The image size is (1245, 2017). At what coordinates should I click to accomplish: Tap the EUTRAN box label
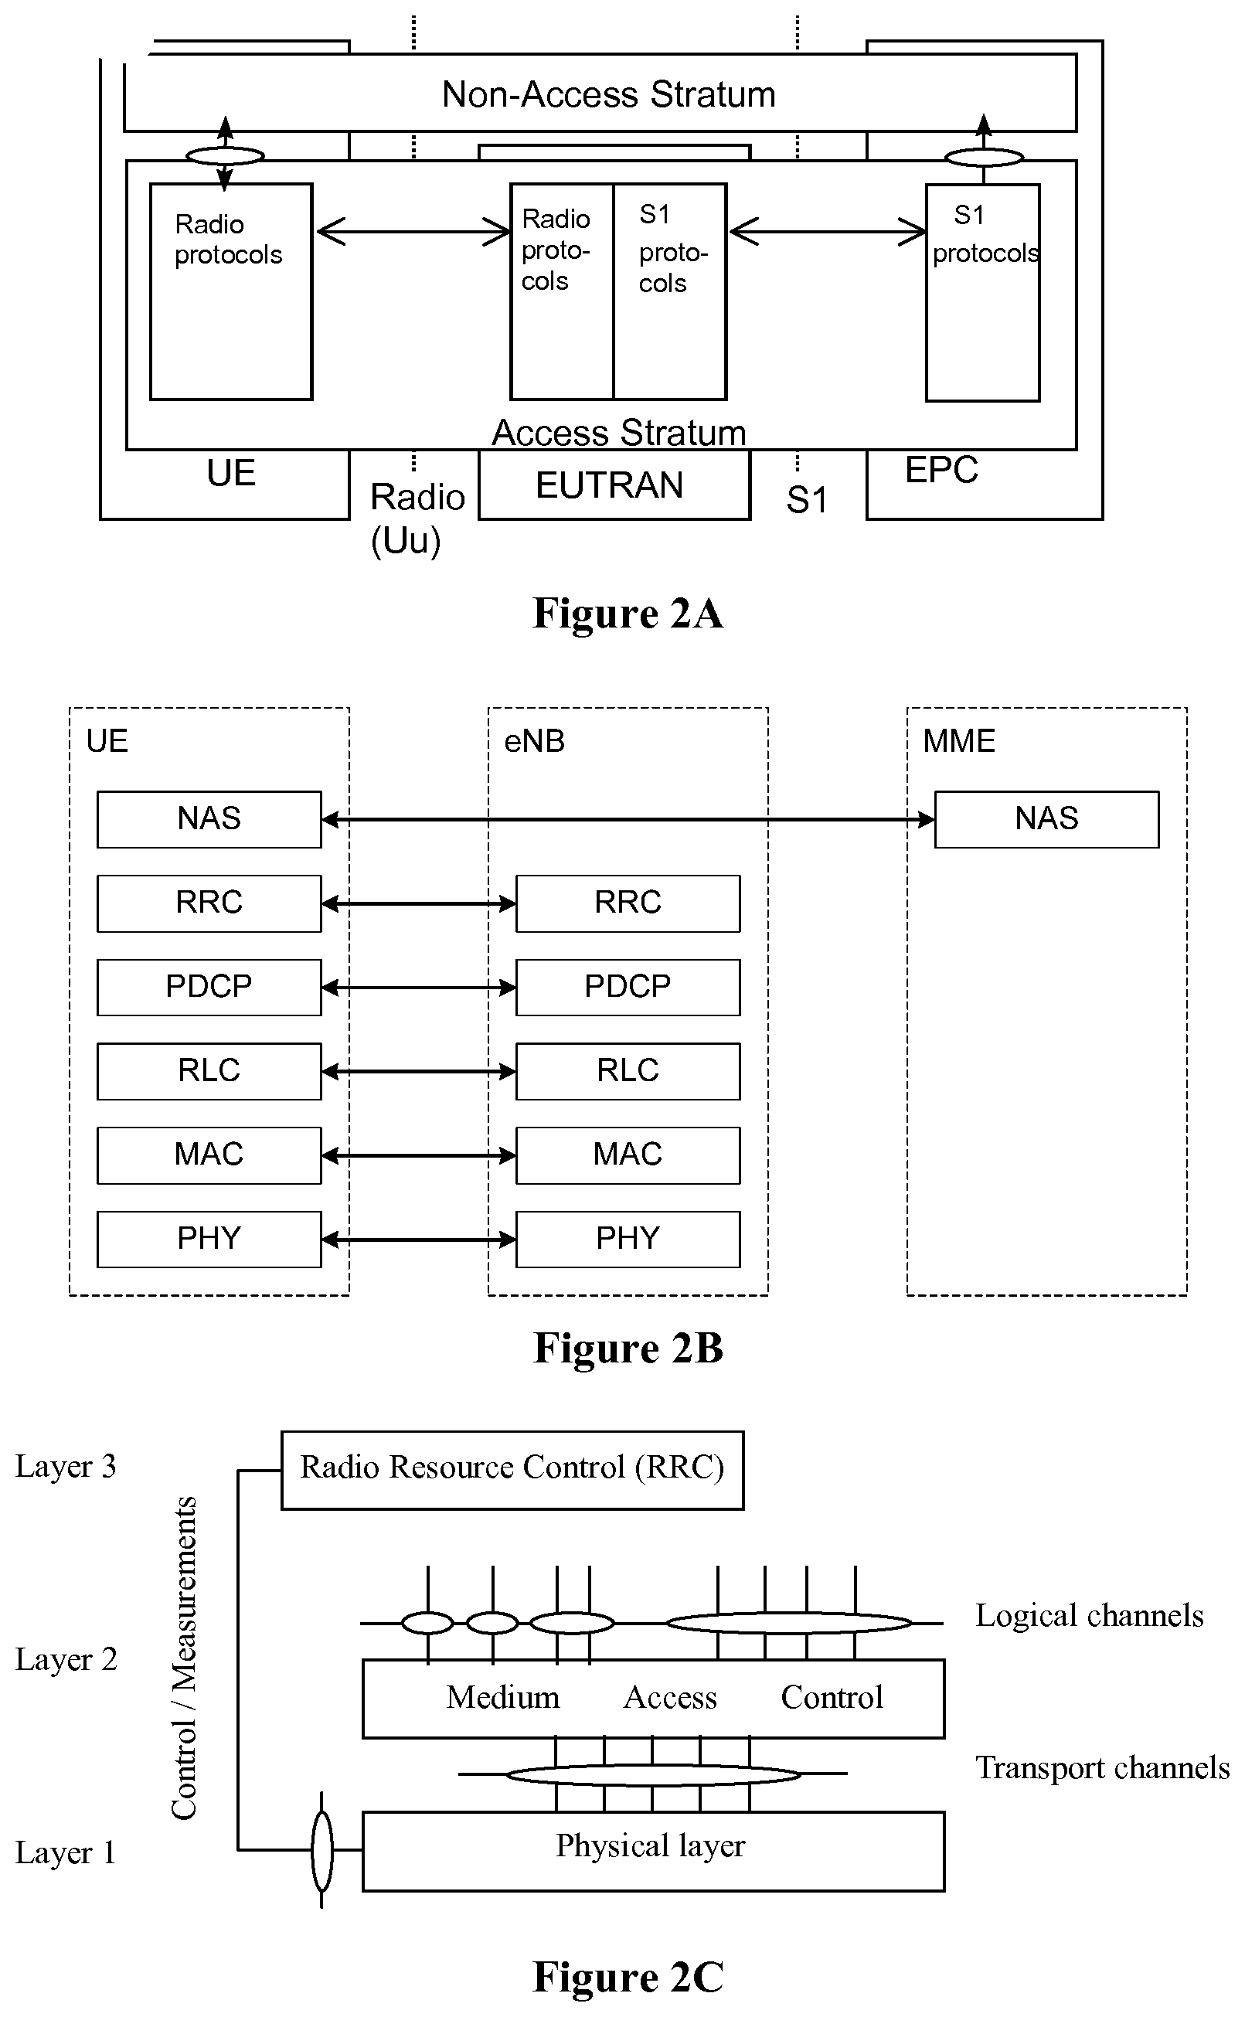point(609,485)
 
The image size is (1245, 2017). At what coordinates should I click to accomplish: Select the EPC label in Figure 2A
point(941,470)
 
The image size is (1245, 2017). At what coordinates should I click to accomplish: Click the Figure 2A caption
point(628,614)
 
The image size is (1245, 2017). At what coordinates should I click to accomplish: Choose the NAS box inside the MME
point(1046,819)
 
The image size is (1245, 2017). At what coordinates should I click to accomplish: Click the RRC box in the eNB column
point(628,903)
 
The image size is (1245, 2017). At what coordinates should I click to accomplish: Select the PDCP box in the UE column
point(209,987)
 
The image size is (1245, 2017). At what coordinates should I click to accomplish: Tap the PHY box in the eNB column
point(628,1239)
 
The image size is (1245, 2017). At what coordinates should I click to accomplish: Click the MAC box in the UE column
point(209,1155)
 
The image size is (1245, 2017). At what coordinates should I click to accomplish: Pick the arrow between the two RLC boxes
point(418,1071)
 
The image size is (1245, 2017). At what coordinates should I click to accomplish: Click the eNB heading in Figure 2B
point(534,742)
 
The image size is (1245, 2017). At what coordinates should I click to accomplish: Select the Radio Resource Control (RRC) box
point(512,1470)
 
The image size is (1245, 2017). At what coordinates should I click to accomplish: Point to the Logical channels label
point(1089,1616)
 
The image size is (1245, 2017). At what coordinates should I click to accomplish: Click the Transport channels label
point(1102,1768)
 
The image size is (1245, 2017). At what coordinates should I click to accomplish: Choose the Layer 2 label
point(66,1660)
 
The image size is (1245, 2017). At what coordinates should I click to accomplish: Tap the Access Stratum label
point(618,433)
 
